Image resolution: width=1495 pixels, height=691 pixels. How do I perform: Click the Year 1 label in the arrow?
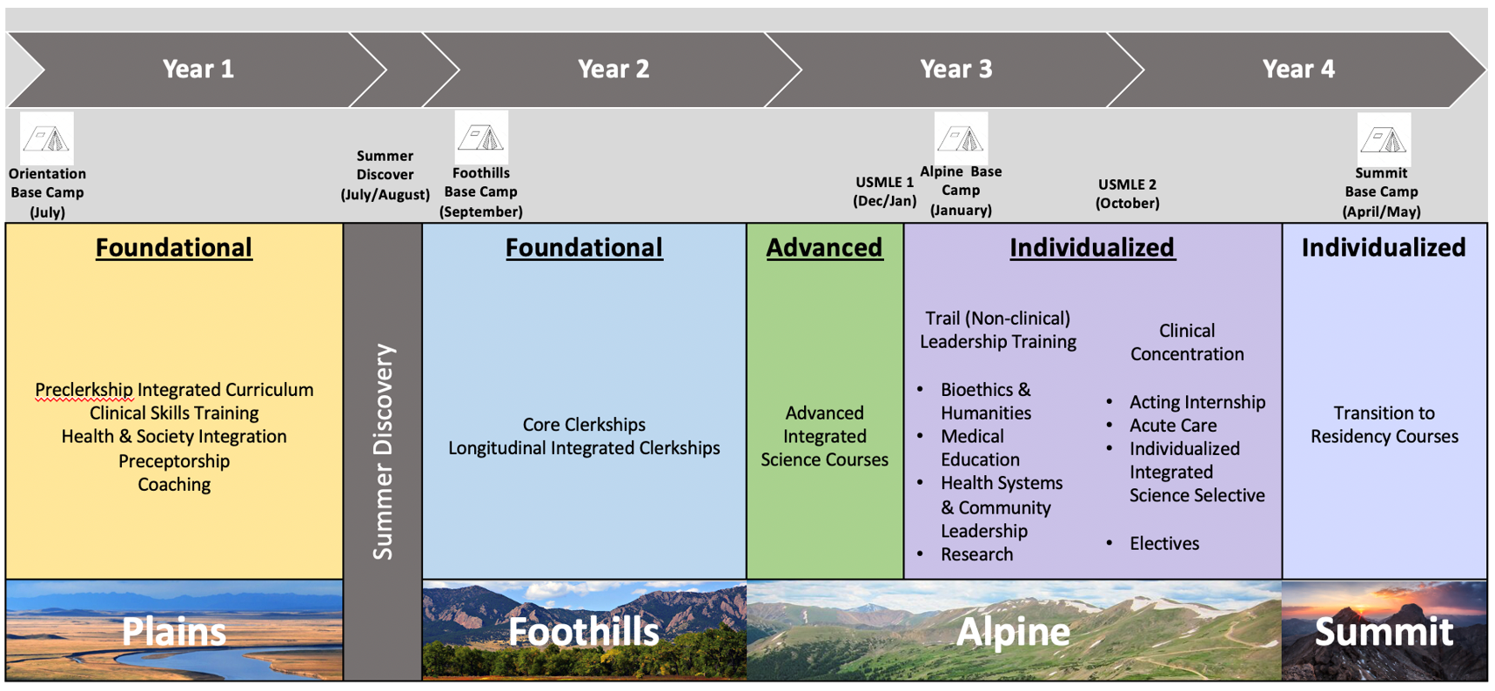[198, 69]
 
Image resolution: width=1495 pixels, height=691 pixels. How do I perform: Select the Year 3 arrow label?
[955, 69]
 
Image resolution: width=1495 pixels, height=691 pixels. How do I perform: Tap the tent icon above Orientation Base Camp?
[46, 138]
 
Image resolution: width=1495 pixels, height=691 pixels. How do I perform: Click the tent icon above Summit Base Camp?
[1383, 139]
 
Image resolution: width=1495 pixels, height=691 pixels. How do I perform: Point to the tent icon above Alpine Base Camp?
[961, 138]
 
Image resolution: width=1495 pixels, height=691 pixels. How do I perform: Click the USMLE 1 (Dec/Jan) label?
[884, 191]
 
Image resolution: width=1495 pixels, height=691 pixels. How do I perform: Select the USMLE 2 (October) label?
[1127, 193]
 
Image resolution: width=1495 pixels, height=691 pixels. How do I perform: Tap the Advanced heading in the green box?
[824, 248]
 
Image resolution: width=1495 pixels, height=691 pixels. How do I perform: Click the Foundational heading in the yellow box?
[174, 248]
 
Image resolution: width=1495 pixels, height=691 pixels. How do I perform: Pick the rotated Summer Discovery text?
[383, 450]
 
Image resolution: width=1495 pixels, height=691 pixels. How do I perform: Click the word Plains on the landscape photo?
[174, 631]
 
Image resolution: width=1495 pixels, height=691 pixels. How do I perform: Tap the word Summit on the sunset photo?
[1384, 631]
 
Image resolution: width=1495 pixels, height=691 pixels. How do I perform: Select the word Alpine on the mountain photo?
[1013, 631]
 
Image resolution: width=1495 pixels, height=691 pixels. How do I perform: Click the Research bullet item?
[976, 554]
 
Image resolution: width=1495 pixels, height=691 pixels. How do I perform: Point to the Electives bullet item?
[1163, 544]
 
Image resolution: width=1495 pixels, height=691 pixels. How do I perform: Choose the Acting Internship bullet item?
[1197, 402]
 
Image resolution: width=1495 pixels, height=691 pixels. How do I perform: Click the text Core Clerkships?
[584, 425]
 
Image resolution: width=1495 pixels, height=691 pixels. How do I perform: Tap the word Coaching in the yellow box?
[174, 485]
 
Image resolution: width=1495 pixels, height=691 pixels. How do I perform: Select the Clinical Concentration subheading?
[1186, 342]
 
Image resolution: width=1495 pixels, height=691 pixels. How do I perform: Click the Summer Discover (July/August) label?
[385, 175]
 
